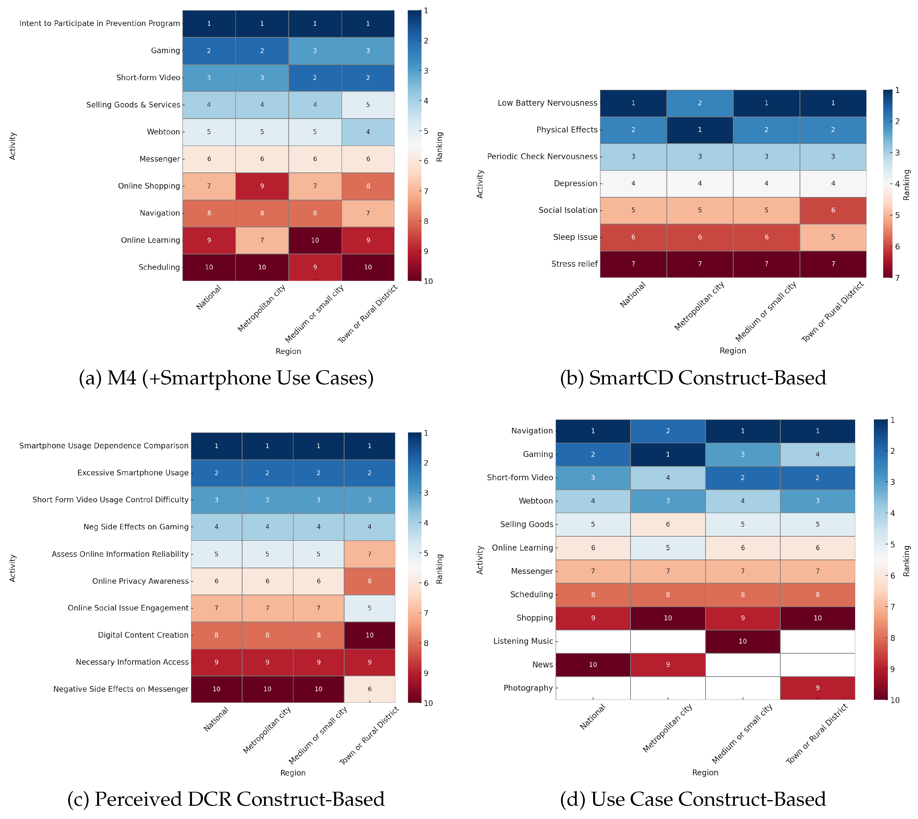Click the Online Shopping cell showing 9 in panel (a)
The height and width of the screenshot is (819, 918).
262,186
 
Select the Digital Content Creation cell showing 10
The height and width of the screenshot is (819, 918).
369,635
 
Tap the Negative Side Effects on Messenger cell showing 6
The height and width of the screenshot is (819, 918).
369,689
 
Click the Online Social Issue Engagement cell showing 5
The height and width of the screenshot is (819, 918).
369,608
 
